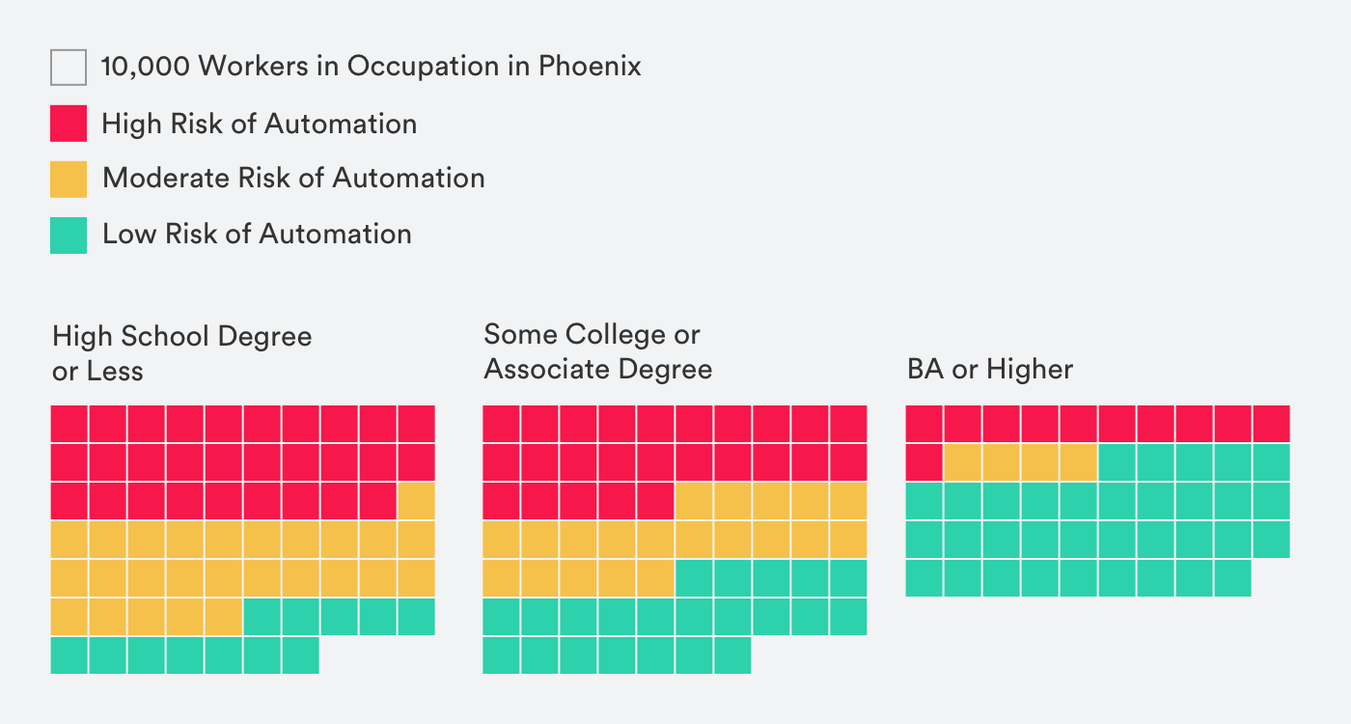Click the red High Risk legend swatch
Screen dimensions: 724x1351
click(69, 124)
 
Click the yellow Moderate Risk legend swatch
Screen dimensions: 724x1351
click(69, 179)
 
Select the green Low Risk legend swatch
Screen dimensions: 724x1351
click(69, 235)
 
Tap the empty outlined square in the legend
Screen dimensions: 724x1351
click(69, 68)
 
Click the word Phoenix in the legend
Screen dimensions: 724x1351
click(589, 67)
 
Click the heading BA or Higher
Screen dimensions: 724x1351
click(990, 369)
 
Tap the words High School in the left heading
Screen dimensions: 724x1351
click(133, 336)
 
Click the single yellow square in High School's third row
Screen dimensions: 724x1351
click(416, 501)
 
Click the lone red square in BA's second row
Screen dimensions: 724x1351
click(924, 461)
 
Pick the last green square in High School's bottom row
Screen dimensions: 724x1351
click(300, 655)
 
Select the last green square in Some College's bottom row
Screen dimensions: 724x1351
click(732, 655)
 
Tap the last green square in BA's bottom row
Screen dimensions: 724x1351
click(1232, 578)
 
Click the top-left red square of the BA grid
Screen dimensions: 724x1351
click(924, 423)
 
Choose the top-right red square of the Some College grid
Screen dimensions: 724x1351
click(848, 424)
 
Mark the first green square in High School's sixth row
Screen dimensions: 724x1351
click(262, 617)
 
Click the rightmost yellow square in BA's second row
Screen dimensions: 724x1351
click(1078, 461)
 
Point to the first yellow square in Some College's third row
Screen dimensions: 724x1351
click(694, 501)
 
